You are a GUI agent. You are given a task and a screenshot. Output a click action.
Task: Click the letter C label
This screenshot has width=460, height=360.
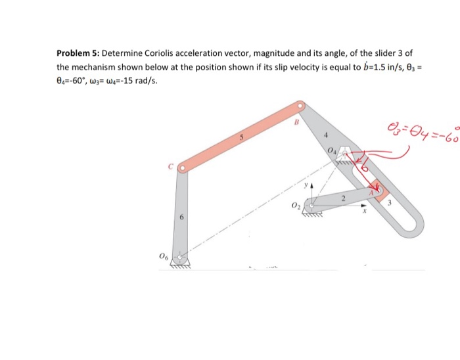pos(170,167)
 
